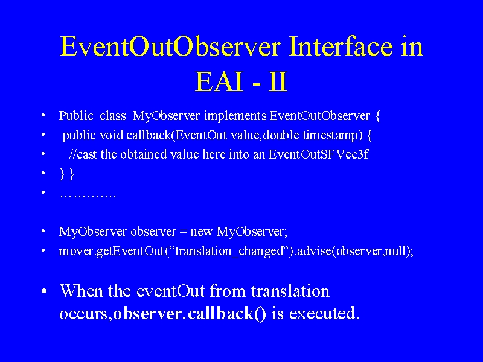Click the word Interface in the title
coord(341,46)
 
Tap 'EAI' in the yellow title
coord(219,81)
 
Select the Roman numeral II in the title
coord(278,81)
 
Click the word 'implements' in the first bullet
coord(235,116)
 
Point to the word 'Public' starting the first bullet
coord(76,116)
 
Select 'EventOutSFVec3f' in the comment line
coord(318,154)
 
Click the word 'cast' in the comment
coord(87,154)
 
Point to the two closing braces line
coord(67,174)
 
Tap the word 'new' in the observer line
coord(202,232)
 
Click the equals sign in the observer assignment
coord(184,232)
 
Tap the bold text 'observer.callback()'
coord(190,314)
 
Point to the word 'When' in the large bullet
coord(82,291)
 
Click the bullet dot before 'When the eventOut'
coord(44,291)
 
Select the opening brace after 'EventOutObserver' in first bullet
coord(378,116)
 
